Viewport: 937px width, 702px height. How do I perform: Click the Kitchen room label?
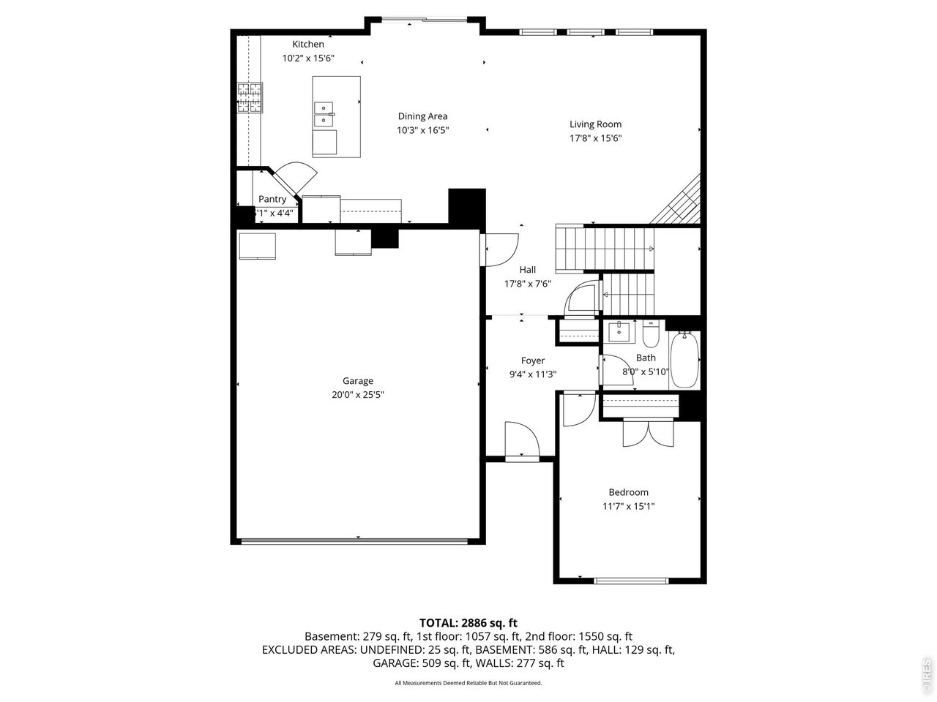click(x=308, y=45)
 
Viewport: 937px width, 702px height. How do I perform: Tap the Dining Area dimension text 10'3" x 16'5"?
click(x=422, y=130)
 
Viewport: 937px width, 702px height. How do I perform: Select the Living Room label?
click(x=595, y=124)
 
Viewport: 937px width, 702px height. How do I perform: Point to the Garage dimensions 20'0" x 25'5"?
click(x=358, y=395)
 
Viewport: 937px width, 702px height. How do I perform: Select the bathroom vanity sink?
click(x=620, y=331)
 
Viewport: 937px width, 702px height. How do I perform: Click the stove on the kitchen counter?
click(x=249, y=98)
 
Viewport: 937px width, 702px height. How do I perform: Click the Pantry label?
click(x=272, y=200)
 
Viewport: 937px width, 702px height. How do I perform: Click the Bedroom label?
click(x=628, y=492)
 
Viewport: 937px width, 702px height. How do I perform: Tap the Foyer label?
click(x=532, y=361)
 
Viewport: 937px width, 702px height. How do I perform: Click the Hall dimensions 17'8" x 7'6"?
click(x=527, y=284)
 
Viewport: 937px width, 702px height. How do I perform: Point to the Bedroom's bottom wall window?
click(x=631, y=581)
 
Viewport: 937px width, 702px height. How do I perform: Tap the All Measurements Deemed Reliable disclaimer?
click(x=468, y=683)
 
